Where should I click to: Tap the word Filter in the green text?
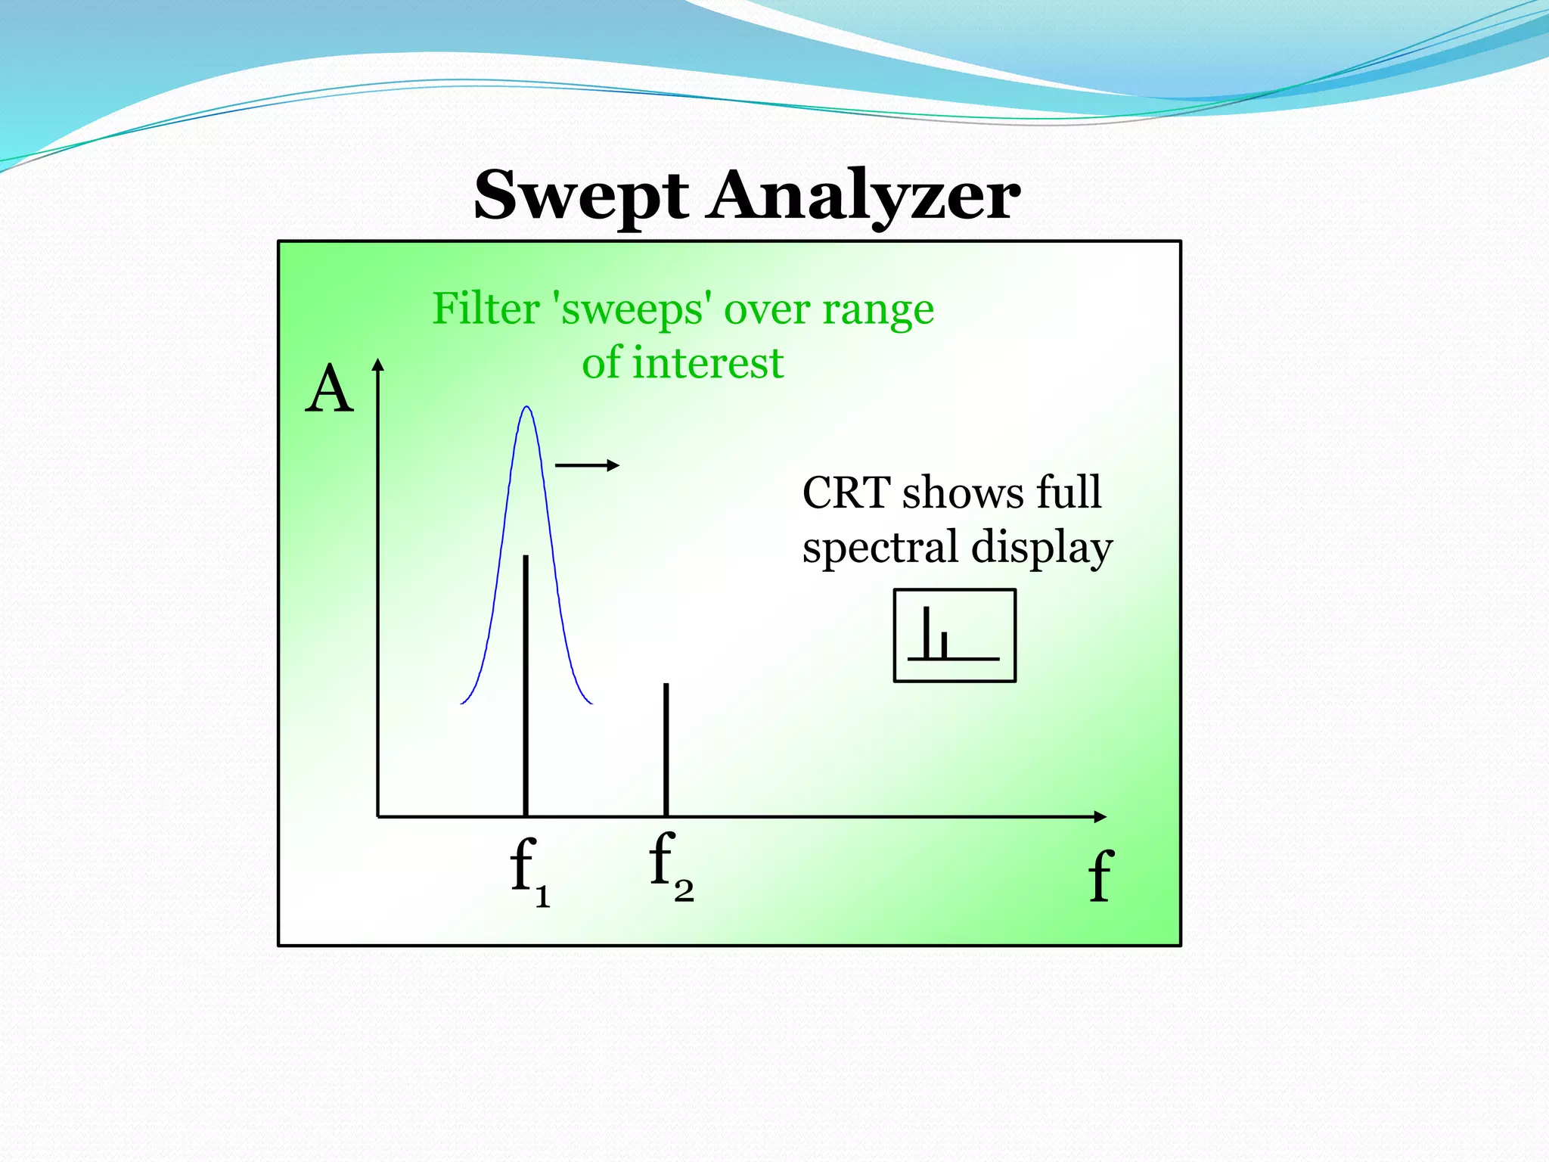486,309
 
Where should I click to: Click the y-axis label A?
329,390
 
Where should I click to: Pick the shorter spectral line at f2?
666,749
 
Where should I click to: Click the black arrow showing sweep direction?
588,465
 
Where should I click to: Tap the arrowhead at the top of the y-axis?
378,365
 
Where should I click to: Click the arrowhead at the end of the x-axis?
1100,816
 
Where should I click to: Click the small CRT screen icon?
955,635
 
